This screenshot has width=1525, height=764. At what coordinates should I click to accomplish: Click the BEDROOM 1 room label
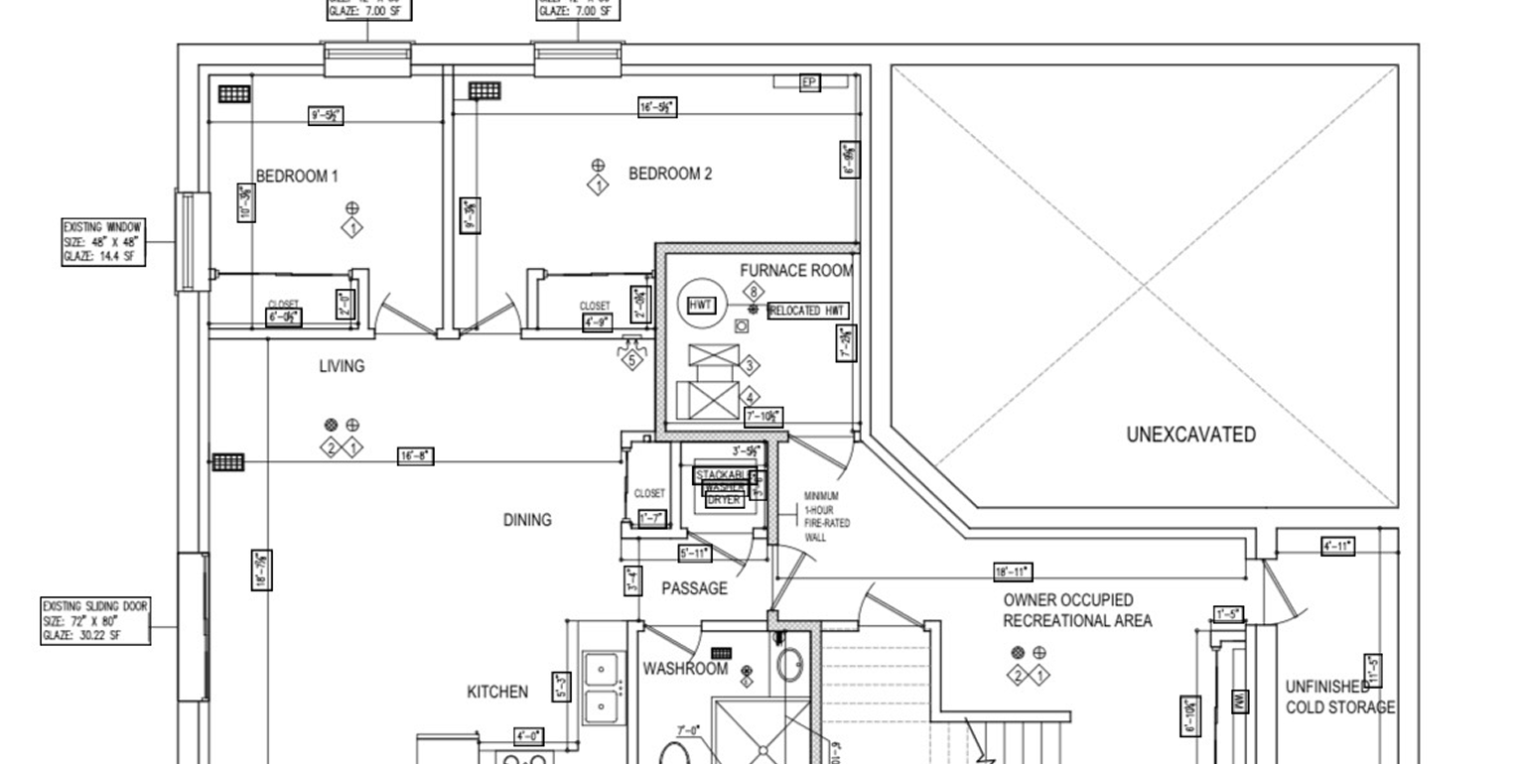tap(297, 177)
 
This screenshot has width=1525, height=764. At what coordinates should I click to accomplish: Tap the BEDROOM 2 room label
tap(670, 174)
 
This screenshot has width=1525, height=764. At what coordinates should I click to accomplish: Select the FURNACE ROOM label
tap(795, 270)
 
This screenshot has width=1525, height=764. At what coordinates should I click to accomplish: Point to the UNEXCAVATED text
tap(1190, 434)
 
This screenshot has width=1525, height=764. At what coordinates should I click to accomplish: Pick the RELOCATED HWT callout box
tap(808, 311)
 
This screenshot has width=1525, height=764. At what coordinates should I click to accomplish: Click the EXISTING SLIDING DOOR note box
tap(95, 620)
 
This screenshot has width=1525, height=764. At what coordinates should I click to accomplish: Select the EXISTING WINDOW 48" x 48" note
tap(103, 242)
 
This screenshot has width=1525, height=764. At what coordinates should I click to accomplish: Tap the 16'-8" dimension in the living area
tap(415, 456)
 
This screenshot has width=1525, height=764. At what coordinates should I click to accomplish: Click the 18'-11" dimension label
tap(1013, 572)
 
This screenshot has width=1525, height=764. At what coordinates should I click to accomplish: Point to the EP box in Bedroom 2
tap(809, 82)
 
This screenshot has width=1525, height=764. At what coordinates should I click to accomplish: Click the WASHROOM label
tap(685, 669)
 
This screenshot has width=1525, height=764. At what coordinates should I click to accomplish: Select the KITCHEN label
tap(497, 692)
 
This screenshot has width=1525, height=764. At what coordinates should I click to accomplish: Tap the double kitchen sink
tap(601, 689)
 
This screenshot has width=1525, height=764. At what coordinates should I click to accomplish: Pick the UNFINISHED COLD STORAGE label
tap(1339, 697)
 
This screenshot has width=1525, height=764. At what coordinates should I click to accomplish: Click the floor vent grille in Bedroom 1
tap(234, 94)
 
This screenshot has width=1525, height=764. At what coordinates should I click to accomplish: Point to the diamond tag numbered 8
tap(754, 292)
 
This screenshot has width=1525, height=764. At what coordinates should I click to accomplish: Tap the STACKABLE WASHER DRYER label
tap(726, 487)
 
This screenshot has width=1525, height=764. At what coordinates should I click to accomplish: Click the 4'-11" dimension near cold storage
tap(1337, 546)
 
